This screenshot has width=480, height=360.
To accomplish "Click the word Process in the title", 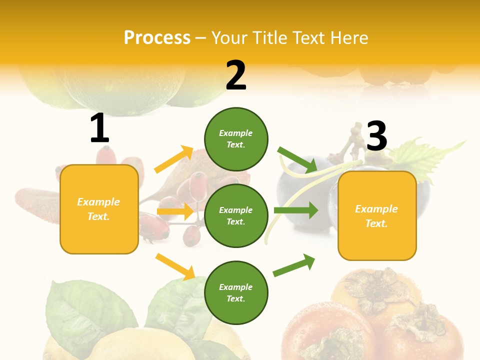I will (x=157, y=38).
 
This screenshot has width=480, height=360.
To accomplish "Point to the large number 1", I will (x=99, y=128).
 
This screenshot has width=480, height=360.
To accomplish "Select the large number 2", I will (x=236, y=75).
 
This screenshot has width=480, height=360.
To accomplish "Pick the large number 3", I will (x=377, y=136).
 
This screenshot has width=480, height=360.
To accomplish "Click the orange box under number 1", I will (x=99, y=209).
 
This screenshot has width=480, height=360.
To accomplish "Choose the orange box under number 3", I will (x=377, y=216).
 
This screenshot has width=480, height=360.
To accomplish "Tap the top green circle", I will (x=236, y=138).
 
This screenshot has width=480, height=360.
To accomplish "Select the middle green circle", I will (x=236, y=215).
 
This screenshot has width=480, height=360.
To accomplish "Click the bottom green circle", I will (x=236, y=292).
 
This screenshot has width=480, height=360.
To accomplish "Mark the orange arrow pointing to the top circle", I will (x=174, y=159).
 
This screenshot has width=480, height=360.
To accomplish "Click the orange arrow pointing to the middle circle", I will (x=175, y=211).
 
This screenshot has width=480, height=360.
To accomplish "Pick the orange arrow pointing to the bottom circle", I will (x=175, y=266).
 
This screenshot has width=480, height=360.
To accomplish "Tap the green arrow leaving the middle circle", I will (x=296, y=210).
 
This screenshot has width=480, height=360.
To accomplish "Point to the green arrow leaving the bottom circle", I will (x=294, y=265).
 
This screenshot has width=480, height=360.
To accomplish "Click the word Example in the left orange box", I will (x=98, y=202).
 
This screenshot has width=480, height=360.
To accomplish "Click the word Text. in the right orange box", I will (x=376, y=223).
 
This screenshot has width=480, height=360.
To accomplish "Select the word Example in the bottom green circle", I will (x=235, y=287).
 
